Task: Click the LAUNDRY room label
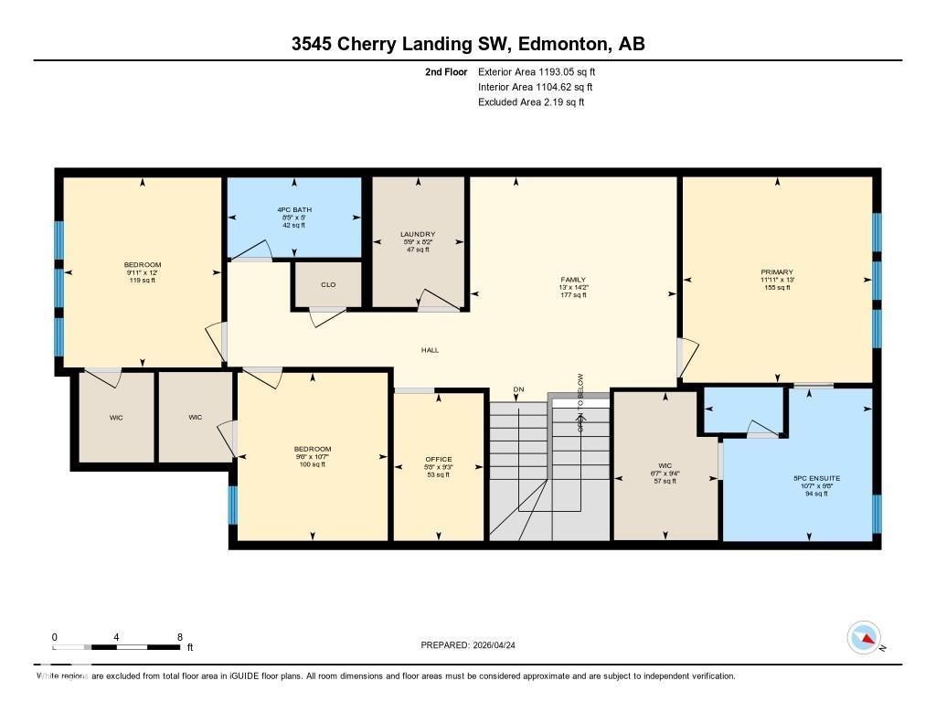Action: coord(418,234)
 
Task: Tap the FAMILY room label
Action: coord(573,280)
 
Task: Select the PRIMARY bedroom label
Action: coord(776,271)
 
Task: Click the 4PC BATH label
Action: coord(294,210)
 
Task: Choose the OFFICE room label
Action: coord(439,459)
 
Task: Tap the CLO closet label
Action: coord(328,285)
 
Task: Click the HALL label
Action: coord(430,350)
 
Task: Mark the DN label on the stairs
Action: coord(518,390)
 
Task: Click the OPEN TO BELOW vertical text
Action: coord(580,403)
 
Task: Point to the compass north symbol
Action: coord(864,636)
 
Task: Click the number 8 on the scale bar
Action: coord(180,637)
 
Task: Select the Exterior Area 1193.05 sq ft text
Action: coord(537,71)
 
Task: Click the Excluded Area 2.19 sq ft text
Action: coord(531,102)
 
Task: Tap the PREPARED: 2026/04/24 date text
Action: coord(473,645)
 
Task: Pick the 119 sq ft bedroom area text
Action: coord(142,281)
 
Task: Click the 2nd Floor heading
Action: coord(446,71)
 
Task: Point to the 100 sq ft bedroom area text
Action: coord(312,464)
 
